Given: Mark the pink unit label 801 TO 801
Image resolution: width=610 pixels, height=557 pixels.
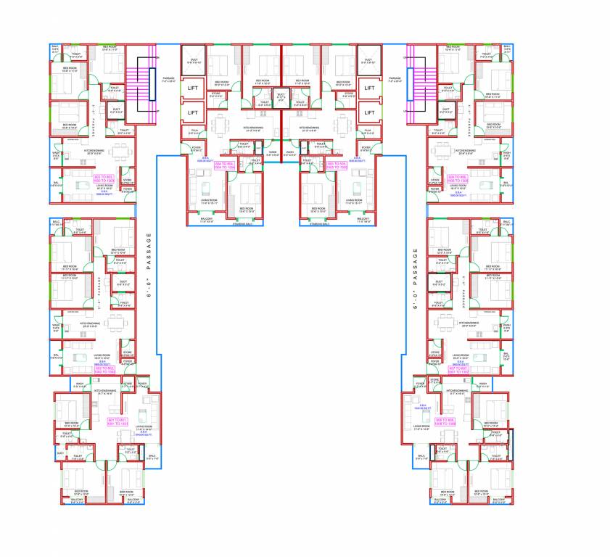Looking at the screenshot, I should pos(118,421).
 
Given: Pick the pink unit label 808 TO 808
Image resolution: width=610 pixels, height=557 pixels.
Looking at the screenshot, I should pos(443,420).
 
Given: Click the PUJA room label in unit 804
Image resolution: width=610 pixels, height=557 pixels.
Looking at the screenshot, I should pos(194,131).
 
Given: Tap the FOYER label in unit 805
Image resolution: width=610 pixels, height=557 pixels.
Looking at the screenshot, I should pos(366,147).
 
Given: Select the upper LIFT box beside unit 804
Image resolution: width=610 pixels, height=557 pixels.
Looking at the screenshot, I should pos(193,88).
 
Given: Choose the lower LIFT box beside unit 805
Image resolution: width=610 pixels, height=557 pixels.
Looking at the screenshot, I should pos(369,112).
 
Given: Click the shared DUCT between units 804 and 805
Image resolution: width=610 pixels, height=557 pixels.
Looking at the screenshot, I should pos(281,95).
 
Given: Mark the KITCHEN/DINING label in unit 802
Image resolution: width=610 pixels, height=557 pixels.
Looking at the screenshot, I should pos(90,323).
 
